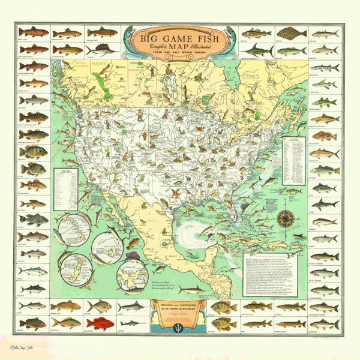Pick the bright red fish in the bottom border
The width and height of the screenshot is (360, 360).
coord(100,323)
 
